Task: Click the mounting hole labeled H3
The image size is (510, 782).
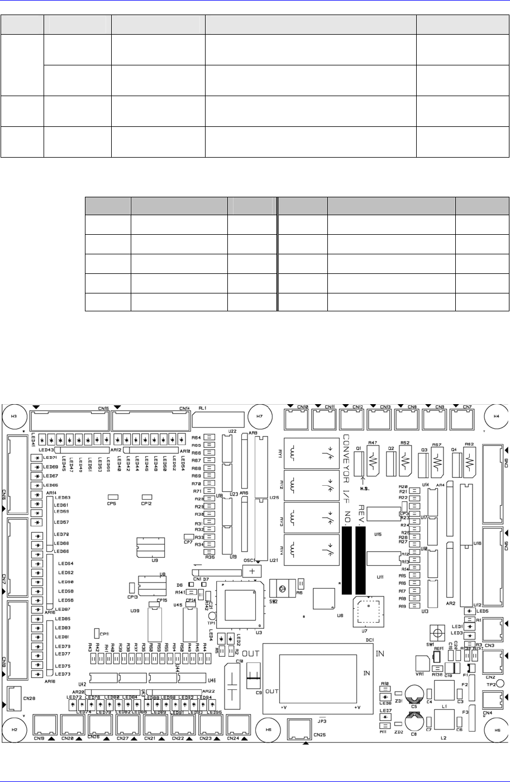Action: (15, 416)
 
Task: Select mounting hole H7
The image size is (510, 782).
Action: (259, 416)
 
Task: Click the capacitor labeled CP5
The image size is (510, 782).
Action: (113, 496)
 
